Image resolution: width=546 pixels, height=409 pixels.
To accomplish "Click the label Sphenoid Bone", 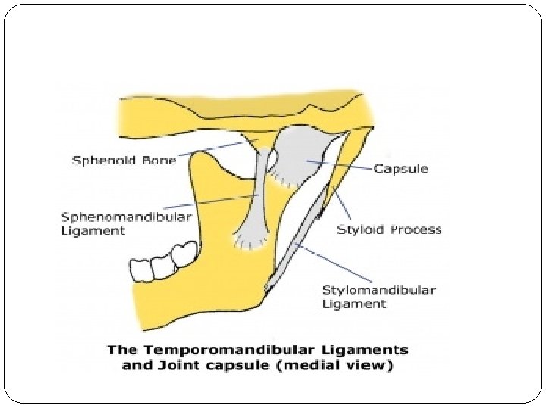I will point(124,160).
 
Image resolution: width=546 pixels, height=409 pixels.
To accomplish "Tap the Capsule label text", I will point(400,168).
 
